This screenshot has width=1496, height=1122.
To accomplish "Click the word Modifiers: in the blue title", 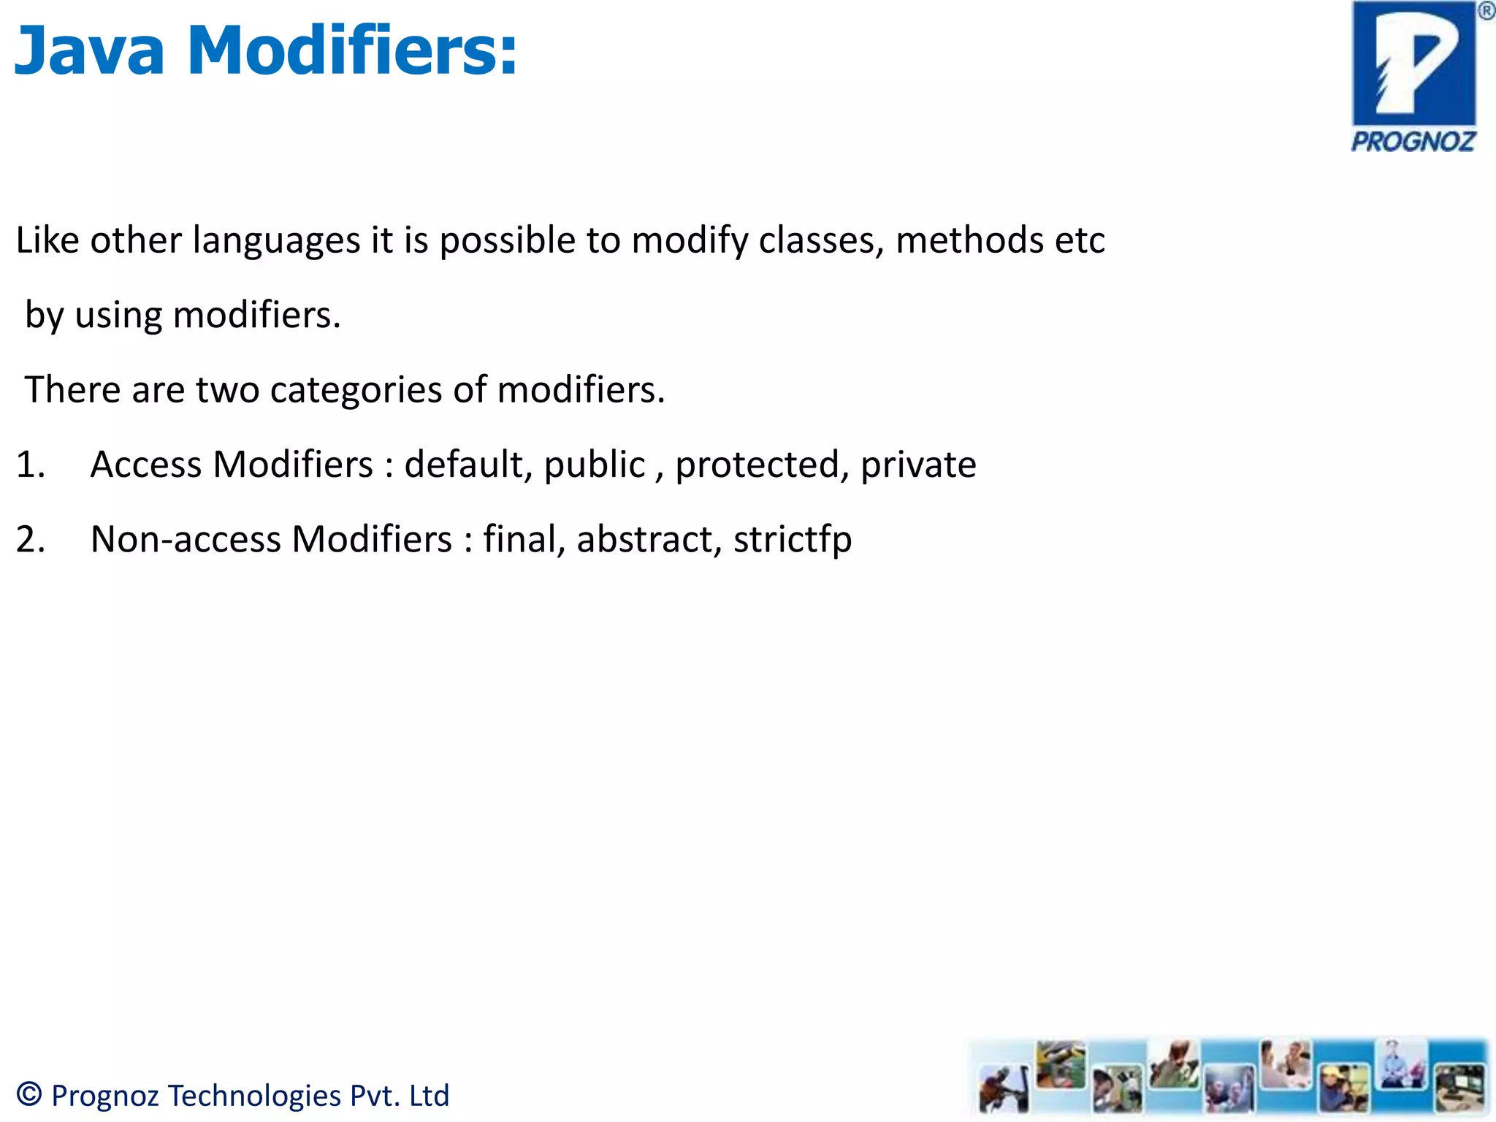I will tap(353, 51).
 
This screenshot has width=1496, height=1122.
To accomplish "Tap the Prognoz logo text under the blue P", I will tap(1413, 141).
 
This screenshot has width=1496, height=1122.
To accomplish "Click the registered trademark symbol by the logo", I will tap(1486, 11).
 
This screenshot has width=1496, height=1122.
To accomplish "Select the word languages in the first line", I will tap(277, 241).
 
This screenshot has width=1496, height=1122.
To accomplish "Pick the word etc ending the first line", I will tap(1080, 241).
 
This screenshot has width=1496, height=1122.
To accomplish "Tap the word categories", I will tap(356, 390).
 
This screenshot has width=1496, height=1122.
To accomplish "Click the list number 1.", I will tap(30, 465).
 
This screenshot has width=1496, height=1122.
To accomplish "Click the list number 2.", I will tap(30, 540).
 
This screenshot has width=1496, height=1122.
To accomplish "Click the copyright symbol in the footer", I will tap(29, 1094).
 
